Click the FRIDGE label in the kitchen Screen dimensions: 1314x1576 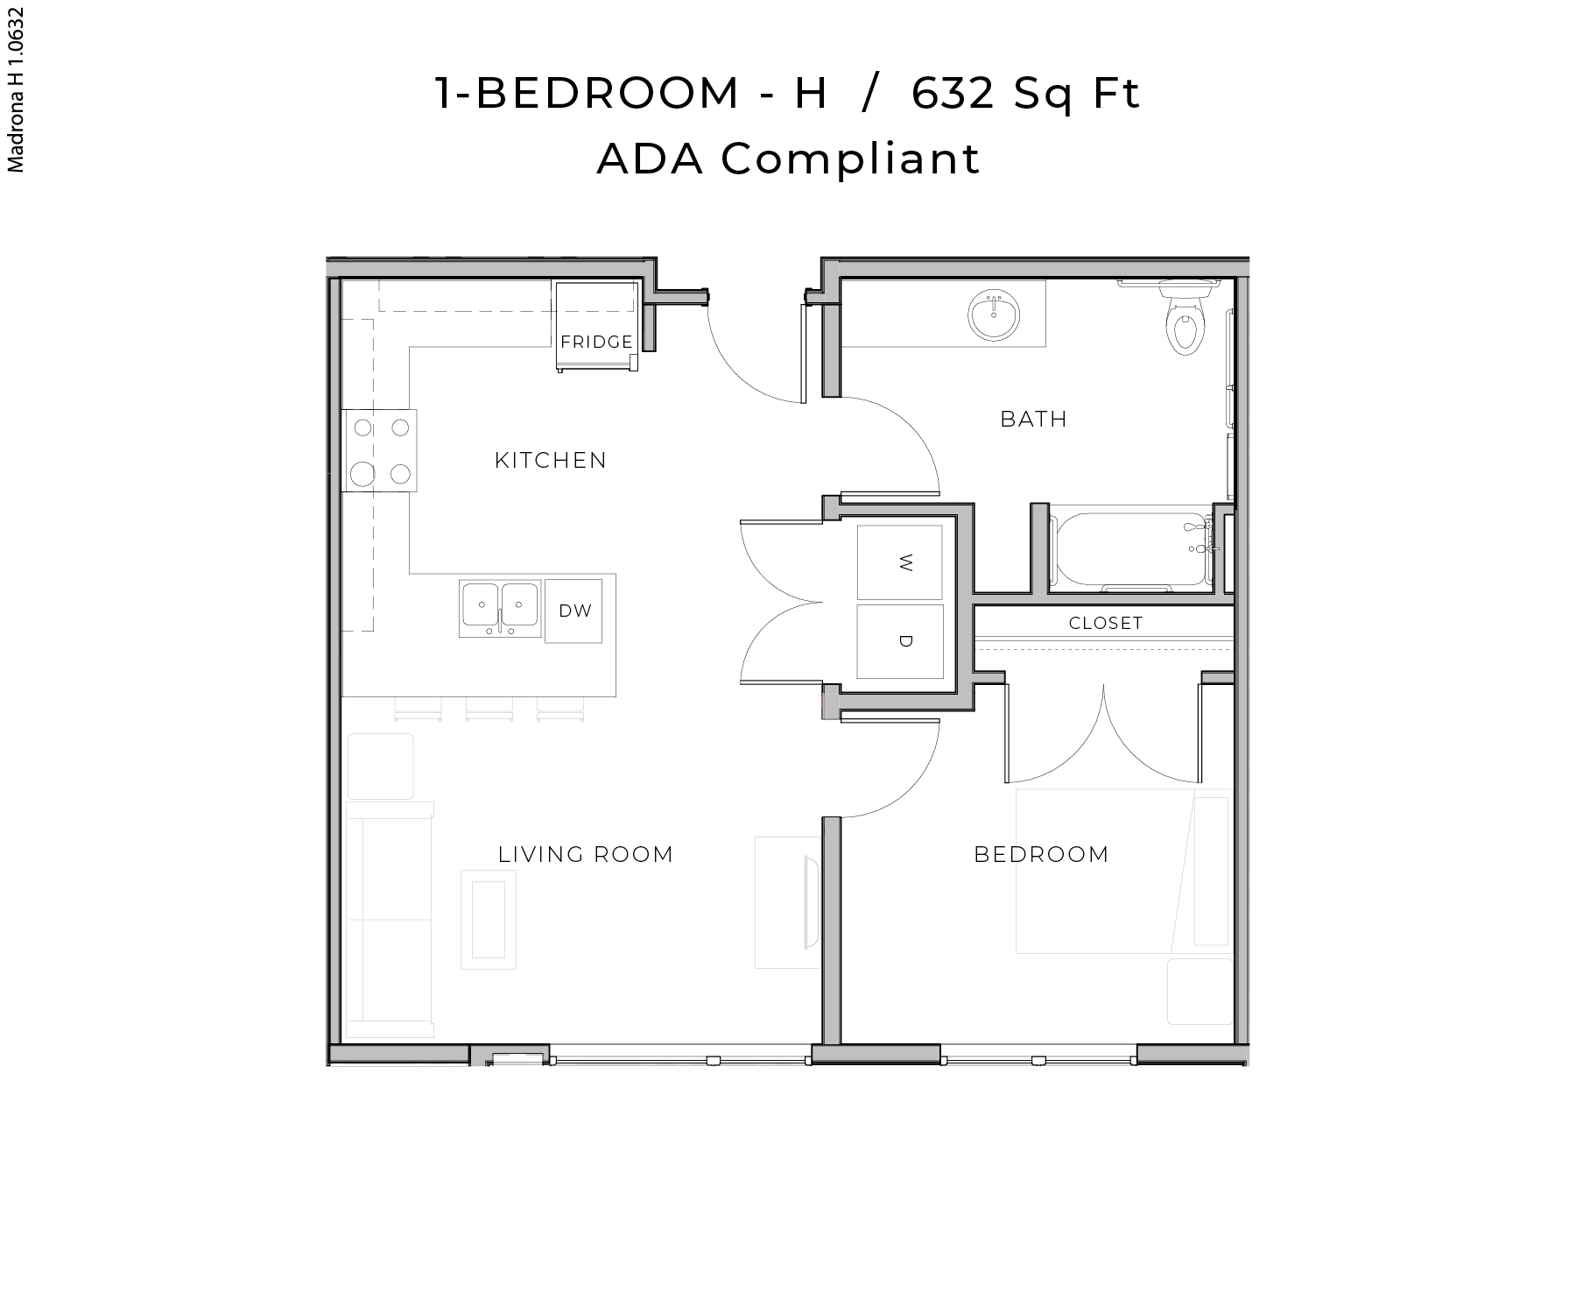pos(596,342)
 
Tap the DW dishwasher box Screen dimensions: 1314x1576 pos(574,611)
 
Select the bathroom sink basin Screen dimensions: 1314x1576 pos(995,315)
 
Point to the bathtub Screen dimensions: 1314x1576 pos(1131,550)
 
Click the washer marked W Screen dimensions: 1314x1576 pos(900,563)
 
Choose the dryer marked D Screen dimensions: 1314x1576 pos(900,641)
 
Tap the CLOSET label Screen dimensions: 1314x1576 pos(1106,623)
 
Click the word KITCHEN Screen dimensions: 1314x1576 pos(550,460)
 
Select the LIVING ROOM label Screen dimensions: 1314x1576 pos(586,854)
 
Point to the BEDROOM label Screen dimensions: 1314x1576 pos(1041,854)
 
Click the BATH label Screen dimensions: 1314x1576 pos(1033,419)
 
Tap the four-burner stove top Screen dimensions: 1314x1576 pos(380,450)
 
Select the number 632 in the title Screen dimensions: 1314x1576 pos(953,93)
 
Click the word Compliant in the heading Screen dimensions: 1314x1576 pos(849,159)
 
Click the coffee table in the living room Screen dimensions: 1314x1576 pos(489,920)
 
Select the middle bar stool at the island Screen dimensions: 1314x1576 pos(489,708)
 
